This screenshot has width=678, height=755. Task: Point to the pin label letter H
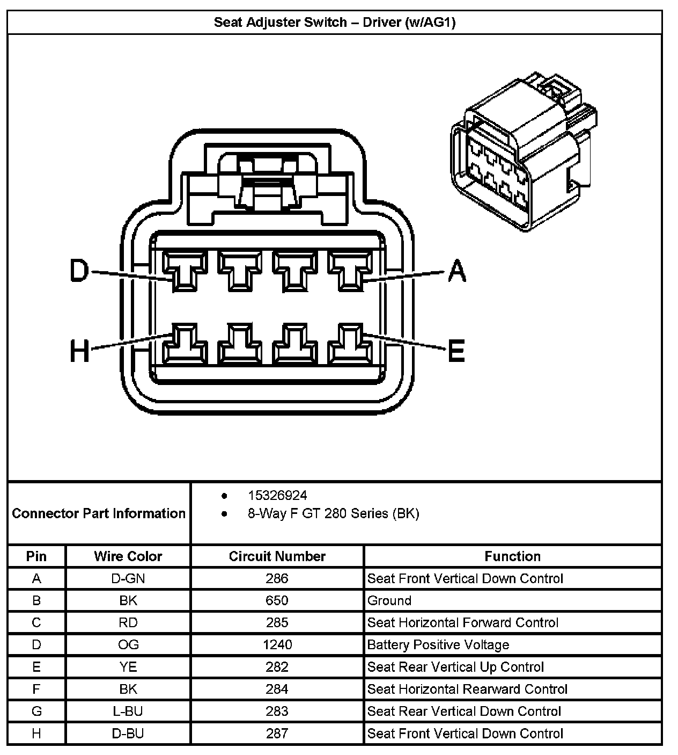point(80,352)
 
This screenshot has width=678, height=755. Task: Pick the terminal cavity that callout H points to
point(185,344)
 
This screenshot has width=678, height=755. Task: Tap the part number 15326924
point(277,495)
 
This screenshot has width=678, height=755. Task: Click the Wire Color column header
point(128,556)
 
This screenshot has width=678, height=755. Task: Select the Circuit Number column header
point(277,556)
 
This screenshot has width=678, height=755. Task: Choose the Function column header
point(512,556)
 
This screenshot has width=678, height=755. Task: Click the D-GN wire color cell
point(128,578)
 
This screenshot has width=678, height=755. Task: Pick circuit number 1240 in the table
point(277,644)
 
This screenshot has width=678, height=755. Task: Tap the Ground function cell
point(389,600)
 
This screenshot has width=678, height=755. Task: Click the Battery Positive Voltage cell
point(438,644)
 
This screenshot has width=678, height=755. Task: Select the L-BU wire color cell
point(128,711)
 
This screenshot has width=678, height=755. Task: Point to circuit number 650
point(277,600)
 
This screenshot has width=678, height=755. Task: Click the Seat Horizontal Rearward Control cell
point(467,689)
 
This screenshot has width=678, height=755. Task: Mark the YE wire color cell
point(128,667)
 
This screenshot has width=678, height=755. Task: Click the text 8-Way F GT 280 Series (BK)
point(333,513)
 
